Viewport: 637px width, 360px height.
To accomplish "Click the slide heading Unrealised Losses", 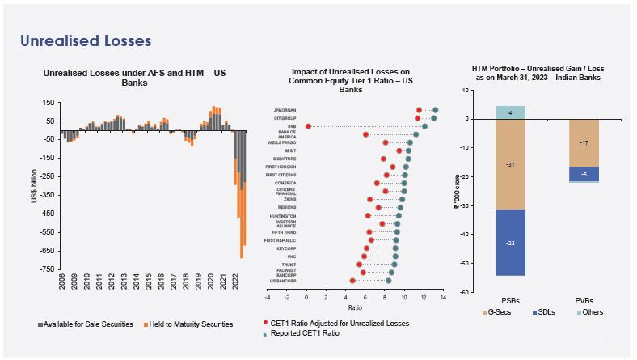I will pos(86,40).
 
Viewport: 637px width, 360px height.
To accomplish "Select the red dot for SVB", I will pos(308,126).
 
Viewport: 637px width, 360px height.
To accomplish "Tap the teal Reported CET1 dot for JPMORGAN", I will pos(436,110).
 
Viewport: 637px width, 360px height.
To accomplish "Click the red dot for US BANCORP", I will pos(352,281).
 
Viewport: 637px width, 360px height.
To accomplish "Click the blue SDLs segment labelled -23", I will pos(510,243).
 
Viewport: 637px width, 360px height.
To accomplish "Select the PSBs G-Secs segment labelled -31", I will pos(510,165).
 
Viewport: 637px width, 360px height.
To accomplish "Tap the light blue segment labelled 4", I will pos(510,112).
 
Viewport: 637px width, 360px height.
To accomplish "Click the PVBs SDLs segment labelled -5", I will pos(584,174).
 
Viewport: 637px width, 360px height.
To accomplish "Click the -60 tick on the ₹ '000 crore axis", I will pos(465,292).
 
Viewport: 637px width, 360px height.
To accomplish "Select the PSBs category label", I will pos(510,301).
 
